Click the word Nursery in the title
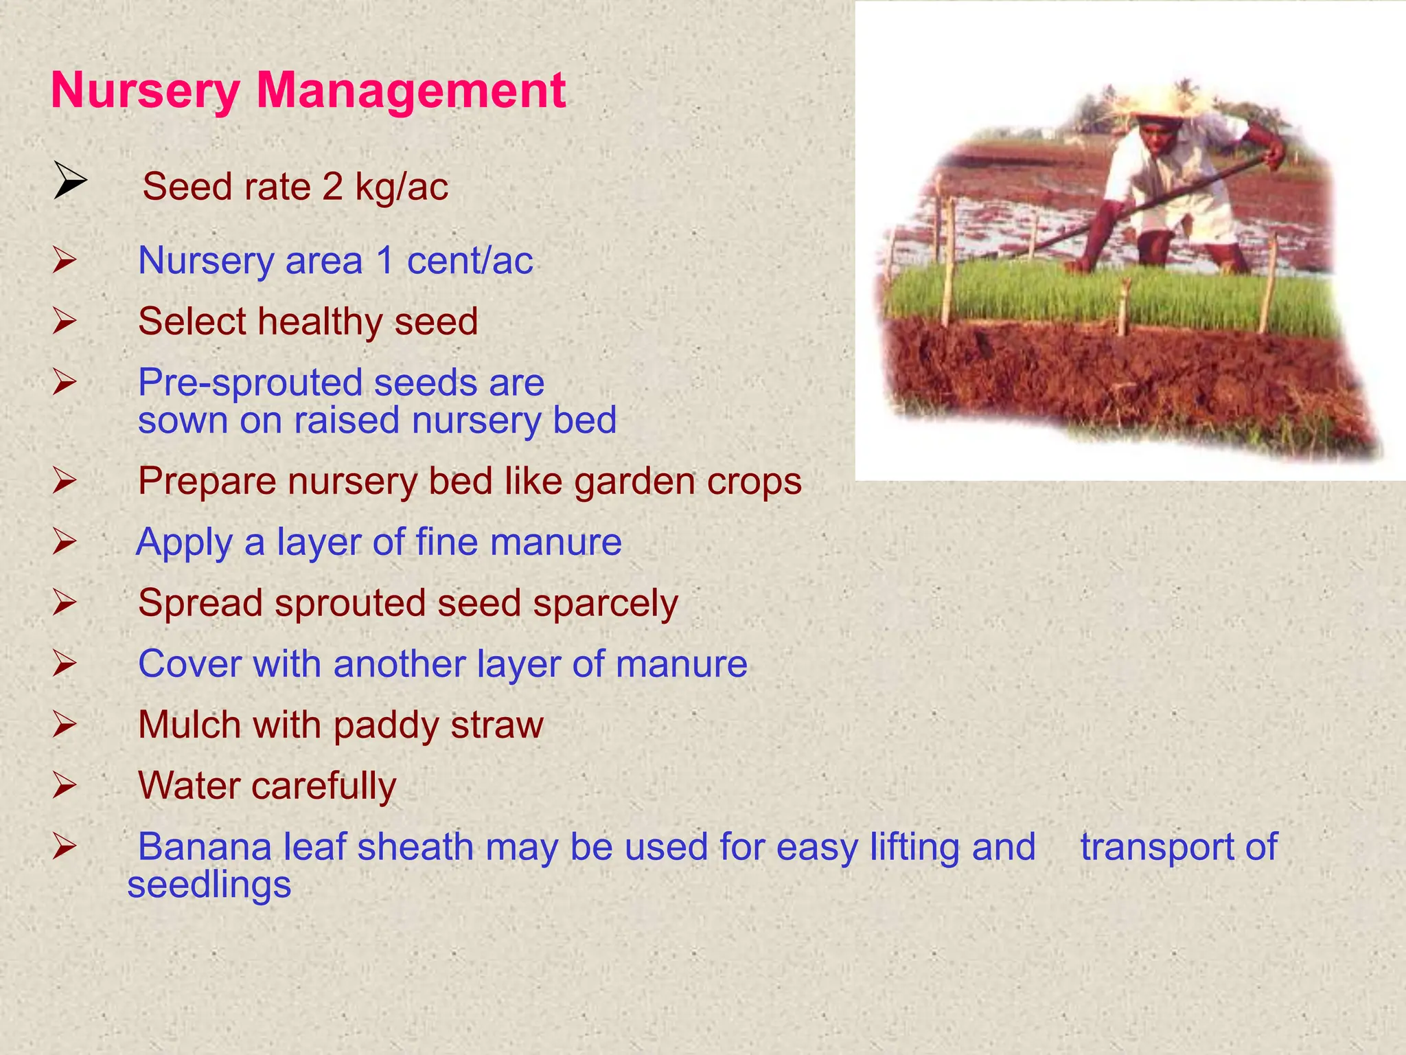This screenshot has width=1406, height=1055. tap(145, 91)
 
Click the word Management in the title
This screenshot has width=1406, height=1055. tap(411, 91)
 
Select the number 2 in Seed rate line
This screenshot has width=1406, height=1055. tap(332, 187)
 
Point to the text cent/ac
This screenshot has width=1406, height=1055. tap(470, 261)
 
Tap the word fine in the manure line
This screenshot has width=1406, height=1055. tap(446, 542)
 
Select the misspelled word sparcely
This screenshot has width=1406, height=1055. tap(605, 604)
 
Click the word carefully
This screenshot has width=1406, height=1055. tap(323, 786)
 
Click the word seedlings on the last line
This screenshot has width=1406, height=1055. tap(209, 885)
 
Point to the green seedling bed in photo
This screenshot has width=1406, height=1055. tap(1112, 295)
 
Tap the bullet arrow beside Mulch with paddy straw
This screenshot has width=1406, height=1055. tap(64, 725)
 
